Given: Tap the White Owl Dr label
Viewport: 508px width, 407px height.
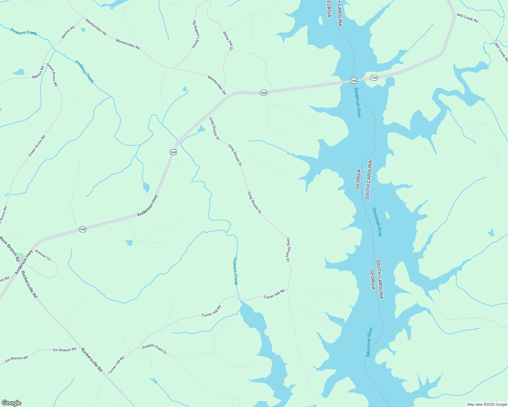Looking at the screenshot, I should pyautogui.click(x=228, y=41).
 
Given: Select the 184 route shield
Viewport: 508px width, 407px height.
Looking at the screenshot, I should pyautogui.click(x=374, y=78).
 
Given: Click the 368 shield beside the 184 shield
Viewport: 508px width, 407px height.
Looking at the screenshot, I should pyautogui.click(x=354, y=81).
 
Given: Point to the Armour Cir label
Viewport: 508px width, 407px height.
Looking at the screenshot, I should pyautogui.click(x=43, y=255).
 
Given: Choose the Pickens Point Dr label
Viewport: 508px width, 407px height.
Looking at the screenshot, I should pyautogui.click(x=155, y=349).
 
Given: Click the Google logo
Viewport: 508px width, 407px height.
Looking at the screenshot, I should pyautogui.click(x=11, y=403).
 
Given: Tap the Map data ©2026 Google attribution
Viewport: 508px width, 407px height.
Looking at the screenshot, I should pyautogui.click(x=487, y=404).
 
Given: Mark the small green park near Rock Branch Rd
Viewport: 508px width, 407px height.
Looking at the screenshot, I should pyautogui.click(x=21, y=257).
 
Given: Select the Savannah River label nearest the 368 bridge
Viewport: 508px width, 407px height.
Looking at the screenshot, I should pyautogui.click(x=358, y=102).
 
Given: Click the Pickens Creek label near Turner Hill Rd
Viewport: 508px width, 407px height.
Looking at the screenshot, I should pyautogui.click(x=235, y=271).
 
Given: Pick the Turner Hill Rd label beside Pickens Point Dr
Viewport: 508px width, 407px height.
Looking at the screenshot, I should pyautogui.click(x=116, y=365).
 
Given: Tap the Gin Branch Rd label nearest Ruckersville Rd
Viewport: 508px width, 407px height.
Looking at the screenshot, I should pyautogui.click(x=65, y=350).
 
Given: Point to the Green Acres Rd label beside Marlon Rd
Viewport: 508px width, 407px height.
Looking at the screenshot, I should pyautogui.click(x=52, y=74).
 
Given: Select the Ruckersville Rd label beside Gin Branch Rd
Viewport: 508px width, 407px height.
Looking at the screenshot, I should pyautogui.click(x=92, y=360).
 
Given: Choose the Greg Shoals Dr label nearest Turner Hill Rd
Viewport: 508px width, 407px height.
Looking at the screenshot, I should pyautogui.click(x=288, y=250).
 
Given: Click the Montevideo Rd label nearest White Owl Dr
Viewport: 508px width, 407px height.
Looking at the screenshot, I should pyautogui.click(x=217, y=85).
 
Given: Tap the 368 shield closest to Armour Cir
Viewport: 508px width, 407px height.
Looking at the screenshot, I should pyautogui.click(x=83, y=229).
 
